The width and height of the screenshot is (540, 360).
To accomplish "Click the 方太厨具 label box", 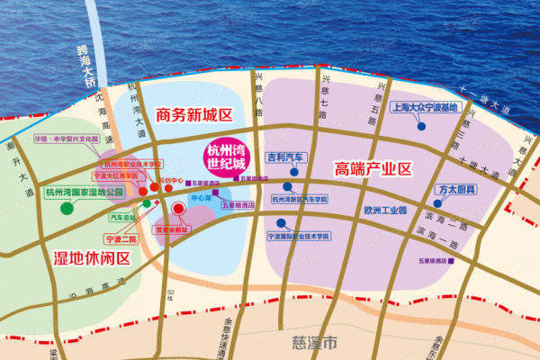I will click(457, 190).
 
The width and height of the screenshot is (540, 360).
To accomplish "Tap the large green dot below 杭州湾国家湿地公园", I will click(67, 208).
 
